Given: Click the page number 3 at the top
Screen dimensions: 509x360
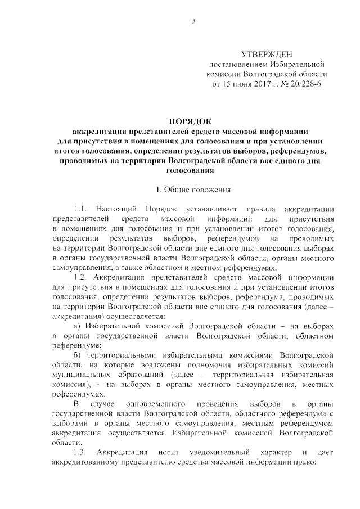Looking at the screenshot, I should tap(193, 21).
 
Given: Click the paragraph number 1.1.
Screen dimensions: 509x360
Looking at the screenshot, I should tap(82, 209).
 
